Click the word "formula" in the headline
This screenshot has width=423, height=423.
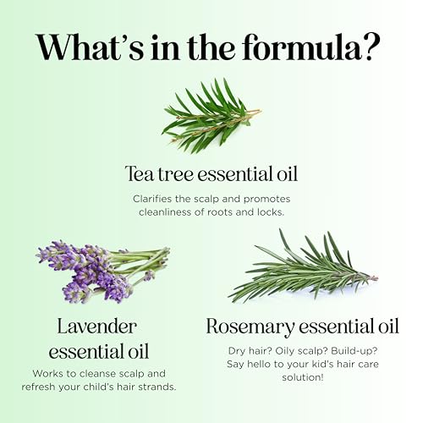click(x=302, y=47)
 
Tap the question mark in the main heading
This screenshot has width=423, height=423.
click(x=371, y=47)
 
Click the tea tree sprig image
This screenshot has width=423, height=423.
click(x=211, y=116)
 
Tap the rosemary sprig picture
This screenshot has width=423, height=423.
click(x=303, y=266)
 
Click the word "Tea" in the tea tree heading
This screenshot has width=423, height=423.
click(x=140, y=174)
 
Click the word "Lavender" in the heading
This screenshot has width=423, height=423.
click(x=97, y=327)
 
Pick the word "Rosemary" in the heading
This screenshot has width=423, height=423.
click(x=250, y=327)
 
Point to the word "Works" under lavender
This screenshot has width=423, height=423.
click(x=46, y=373)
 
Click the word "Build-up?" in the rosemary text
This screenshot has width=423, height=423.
click(x=354, y=351)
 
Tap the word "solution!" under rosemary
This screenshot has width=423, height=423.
click(x=303, y=377)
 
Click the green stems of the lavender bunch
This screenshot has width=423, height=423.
click(x=138, y=261)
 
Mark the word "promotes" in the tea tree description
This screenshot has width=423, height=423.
click(x=266, y=200)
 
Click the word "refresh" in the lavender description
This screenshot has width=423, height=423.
click(x=39, y=387)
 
